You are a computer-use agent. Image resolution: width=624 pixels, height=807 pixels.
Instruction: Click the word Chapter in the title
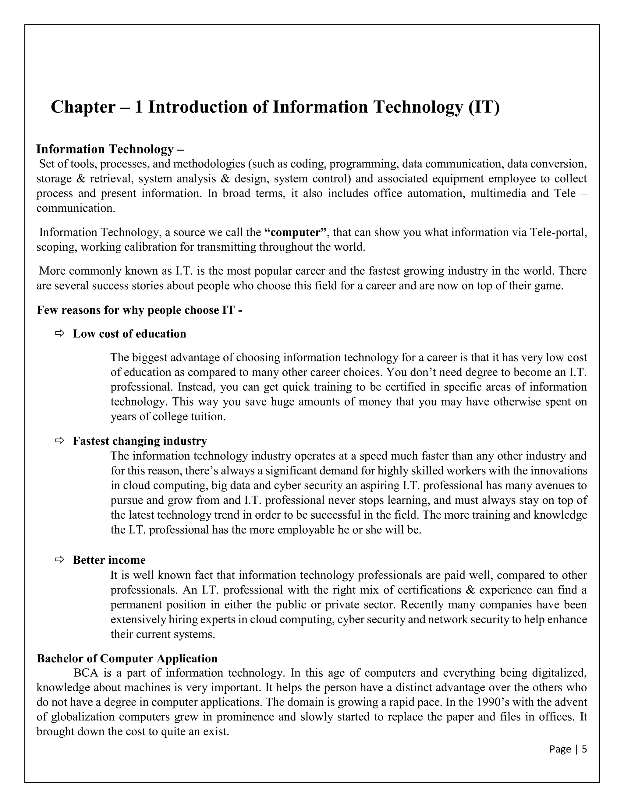tap(83, 107)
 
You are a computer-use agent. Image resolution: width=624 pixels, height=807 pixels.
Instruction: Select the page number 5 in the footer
tap(584, 749)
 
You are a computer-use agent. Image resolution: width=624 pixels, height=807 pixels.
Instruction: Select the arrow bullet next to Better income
tap(59, 560)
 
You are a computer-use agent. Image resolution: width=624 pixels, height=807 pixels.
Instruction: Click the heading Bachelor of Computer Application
tap(127, 659)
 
